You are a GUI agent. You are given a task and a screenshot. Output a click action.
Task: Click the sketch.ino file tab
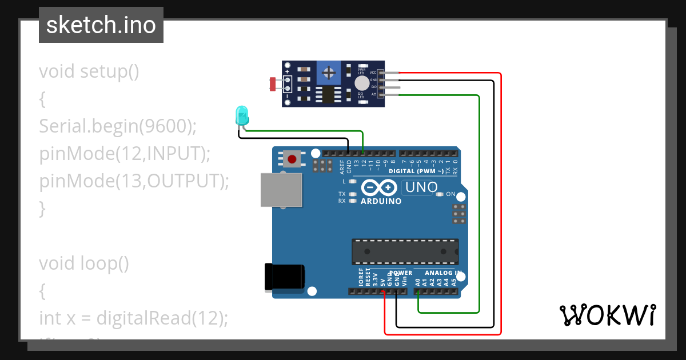pos(101,25)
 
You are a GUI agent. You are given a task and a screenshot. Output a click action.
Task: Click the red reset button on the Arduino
pos(292,158)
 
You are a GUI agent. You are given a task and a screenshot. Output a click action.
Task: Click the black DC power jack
pos(284,278)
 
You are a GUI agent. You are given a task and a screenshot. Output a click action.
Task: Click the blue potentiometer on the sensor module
pos(328,73)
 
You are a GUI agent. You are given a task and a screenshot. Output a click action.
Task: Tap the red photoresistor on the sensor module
pos(273,84)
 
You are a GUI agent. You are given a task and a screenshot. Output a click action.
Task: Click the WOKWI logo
pos(607,315)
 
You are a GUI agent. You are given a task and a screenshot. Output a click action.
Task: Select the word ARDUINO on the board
pos(381,201)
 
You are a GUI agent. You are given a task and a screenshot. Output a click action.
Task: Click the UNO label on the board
pos(421,187)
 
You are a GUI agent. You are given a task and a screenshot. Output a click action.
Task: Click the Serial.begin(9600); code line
pos(118,126)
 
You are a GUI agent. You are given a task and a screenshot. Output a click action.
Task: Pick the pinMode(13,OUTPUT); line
pos(134,181)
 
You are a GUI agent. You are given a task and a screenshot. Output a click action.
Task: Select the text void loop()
pos(84,263)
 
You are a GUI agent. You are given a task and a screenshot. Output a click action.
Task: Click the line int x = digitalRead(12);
pos(133,318)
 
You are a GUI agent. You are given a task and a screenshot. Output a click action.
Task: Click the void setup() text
pos(89,72)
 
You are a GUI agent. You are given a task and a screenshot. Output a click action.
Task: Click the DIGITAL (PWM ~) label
pos(416,171)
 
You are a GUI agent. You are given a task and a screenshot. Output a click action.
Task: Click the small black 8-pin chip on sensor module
pos(328,95)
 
